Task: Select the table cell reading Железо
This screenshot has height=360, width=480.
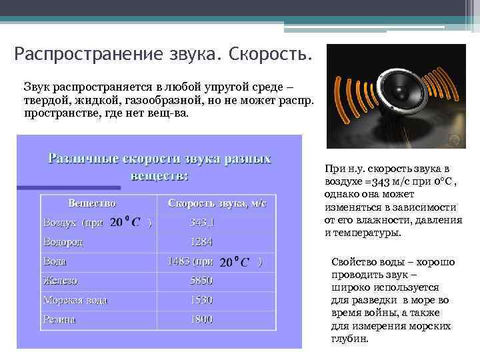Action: pos(60,281)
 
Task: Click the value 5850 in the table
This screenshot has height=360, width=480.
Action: pos(201,281)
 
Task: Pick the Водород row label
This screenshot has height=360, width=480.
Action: pos(63,242)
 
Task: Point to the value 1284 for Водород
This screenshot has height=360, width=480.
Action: pos(201,242)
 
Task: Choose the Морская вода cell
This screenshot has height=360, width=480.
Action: pos(75,300)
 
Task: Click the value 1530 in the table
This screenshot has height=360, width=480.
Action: pos(201,300)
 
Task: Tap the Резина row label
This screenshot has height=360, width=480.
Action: pos(59,319)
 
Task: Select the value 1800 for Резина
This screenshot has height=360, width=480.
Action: pos(201,319)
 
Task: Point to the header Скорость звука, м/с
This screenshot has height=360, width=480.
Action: pos(217,203)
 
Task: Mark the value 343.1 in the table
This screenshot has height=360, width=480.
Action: pos(202,223)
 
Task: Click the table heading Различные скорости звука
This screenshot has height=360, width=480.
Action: pos(159,159)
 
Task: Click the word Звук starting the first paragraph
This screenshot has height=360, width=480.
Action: pos(37,87)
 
